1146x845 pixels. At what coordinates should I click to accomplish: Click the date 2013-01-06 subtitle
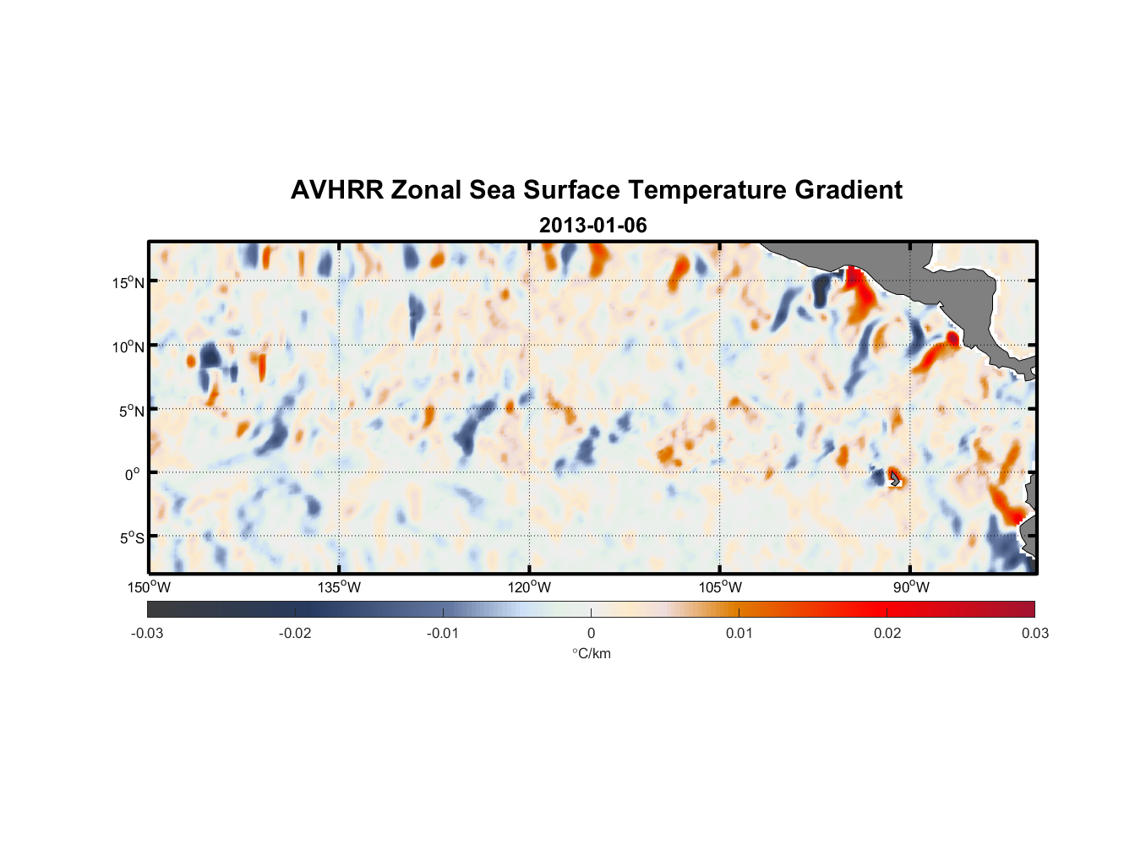592,226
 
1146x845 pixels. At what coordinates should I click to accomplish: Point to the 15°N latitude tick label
128,282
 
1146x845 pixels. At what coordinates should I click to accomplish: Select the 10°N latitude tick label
128,346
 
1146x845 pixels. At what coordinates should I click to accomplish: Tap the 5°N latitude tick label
131,411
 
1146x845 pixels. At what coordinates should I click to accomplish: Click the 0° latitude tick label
133,474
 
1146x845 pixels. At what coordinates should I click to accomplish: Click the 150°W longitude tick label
149,587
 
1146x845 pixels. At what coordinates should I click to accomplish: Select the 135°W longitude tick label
339,587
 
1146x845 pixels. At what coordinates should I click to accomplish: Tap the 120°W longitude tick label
530,587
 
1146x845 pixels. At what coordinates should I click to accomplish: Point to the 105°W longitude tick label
720,587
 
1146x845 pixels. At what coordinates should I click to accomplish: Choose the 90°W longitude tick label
911,587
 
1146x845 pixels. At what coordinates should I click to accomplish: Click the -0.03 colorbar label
147,633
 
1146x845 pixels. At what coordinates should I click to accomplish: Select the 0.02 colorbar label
887,633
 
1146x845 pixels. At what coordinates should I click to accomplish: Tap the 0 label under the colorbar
591,633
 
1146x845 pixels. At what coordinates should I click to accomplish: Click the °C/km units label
591,653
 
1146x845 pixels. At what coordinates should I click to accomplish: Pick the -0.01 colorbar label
443,633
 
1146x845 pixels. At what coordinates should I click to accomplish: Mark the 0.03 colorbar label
1034,633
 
